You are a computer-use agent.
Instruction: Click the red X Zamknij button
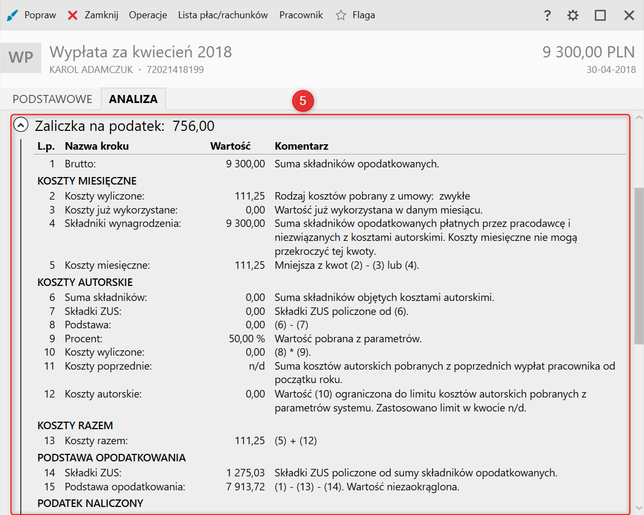(x=93, y=15)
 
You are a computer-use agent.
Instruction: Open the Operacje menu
(x=148, y=15)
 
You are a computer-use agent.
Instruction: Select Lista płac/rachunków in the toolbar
(x=223, y=15)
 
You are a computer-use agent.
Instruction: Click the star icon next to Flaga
(x=341, y=16)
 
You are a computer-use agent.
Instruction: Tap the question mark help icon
(x=547, y=16)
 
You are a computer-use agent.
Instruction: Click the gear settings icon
(x=573, y=16)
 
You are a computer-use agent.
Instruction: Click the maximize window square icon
(x=600, y=16)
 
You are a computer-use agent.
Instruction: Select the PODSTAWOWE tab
(x=53, y=99)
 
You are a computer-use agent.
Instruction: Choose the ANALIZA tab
(x=133, y=99)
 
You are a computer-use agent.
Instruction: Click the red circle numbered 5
(x=303, y=101)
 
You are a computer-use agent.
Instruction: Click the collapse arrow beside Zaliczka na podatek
(x=21, y=126)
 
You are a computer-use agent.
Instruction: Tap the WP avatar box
(x=21, y=57)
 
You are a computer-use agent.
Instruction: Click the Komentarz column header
(x=301, y=146)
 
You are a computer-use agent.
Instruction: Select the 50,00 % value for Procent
(x=247, y=339)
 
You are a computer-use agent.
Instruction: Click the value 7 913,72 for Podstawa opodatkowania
(x=246, y=487)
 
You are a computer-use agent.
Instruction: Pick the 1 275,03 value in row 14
(x=246, y=473)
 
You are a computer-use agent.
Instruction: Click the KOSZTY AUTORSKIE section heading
(x=85, y=282)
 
